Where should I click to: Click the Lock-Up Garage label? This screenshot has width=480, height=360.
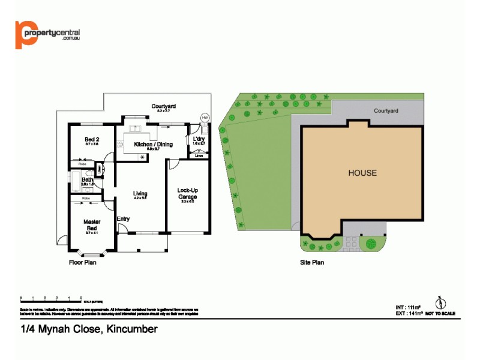pos(188,193)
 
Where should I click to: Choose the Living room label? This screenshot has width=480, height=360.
pos(140,193)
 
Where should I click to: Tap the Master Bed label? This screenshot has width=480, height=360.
pos(91,225)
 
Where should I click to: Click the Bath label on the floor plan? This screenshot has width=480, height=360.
pos(88,179)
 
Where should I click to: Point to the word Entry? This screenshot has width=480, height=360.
pos(123,219)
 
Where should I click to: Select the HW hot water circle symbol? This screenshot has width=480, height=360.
pos(205,118)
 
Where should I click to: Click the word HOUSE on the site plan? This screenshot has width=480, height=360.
pos(362,173)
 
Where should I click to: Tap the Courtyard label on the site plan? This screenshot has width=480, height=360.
pos(386,111)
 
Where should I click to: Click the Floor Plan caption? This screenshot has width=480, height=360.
pos(83,262)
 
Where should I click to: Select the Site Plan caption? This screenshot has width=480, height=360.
pos(313,262)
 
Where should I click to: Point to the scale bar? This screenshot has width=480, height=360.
pos(51,298)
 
